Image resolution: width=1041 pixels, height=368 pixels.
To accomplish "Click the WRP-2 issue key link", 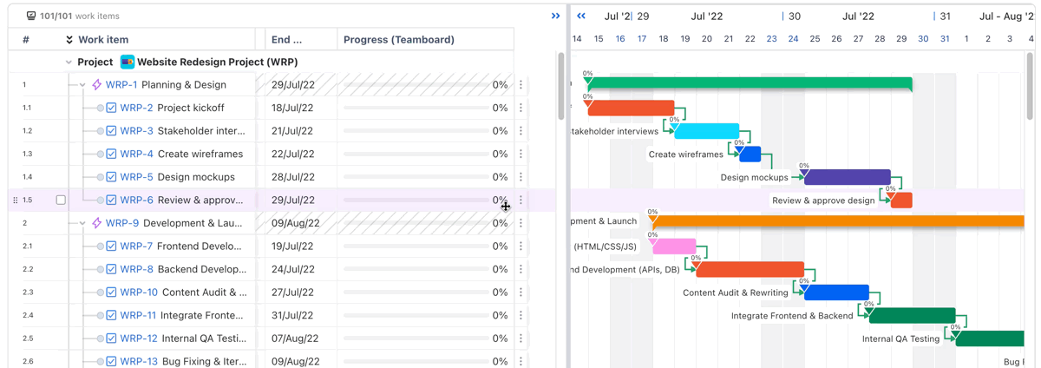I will (136, 108).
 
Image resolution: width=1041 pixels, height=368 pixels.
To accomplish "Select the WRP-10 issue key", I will (139, 292).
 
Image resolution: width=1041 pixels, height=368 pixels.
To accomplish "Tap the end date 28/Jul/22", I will (292, 177).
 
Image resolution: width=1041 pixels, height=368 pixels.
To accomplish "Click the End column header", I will (286, 40).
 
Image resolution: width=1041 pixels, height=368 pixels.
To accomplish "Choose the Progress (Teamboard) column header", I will (398, 40).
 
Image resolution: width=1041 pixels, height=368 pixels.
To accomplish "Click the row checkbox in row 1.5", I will (61, 200).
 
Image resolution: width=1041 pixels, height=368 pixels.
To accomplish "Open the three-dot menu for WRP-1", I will (521, 85).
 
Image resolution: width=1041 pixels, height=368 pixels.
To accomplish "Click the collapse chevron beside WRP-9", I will (82, 223).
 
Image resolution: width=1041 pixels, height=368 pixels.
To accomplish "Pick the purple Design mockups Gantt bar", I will (847, 177).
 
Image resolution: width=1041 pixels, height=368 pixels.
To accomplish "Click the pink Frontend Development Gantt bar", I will (674, 246).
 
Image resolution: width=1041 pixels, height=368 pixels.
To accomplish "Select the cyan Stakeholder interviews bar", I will (706, 131).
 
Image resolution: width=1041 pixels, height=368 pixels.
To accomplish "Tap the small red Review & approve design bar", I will (901, 200).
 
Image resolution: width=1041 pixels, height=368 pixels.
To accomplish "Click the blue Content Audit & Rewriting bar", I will (836, 292).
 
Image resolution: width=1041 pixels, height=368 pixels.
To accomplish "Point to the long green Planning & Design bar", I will (750, 84).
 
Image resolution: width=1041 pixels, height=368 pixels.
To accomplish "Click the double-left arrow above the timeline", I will (581, 16).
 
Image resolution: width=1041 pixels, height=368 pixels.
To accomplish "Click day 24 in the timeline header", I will (793, 39).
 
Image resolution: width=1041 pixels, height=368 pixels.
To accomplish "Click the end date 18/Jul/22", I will (292, 108).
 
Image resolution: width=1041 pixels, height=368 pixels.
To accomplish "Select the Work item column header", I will (103, 40).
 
